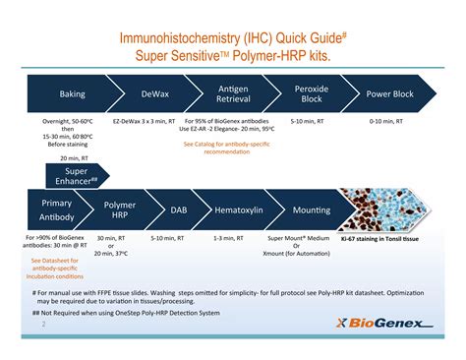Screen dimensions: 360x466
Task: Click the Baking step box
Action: point(72,94)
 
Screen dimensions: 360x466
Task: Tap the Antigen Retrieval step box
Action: point(233,94)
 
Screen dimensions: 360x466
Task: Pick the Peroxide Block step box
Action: point(312,94)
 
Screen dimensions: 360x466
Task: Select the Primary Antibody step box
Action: point(56,210)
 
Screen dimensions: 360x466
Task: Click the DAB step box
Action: point(178,210)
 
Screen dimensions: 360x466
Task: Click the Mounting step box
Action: point(311,210)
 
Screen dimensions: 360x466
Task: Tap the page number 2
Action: point(43,321)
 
